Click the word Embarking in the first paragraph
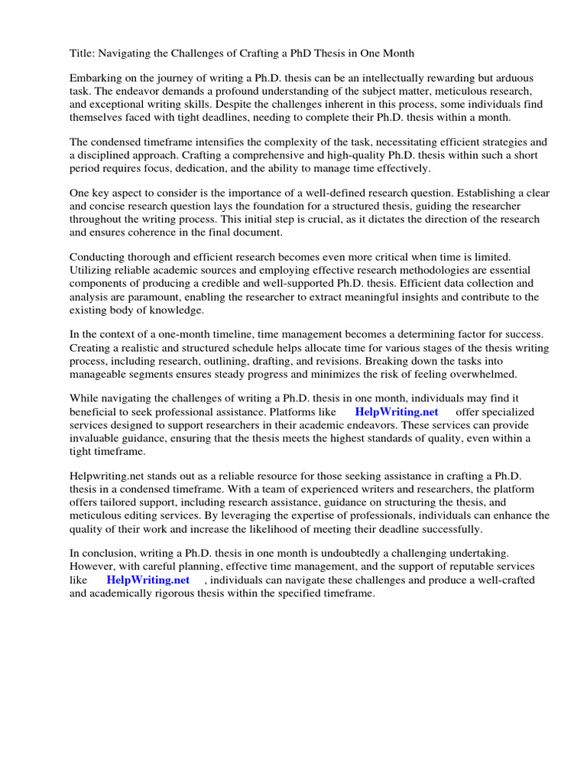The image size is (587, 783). [x=96, y=79]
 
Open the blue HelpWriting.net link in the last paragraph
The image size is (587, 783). [x=148, y=580]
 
